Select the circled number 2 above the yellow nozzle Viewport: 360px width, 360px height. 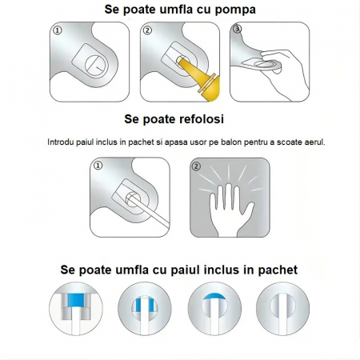(146, 31)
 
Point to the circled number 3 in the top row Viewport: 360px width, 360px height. (236, 30)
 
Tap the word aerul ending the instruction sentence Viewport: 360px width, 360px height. (311, 141)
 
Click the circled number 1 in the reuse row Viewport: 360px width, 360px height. (98, 166)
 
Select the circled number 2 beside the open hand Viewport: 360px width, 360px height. (197, 166)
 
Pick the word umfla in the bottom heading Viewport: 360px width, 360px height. (130, 270)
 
